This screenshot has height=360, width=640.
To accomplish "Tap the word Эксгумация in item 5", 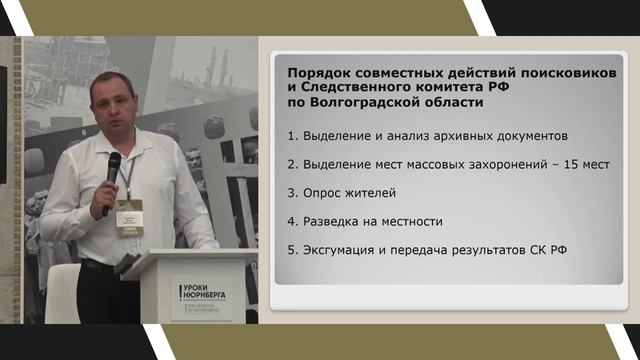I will click(x=346, y=249).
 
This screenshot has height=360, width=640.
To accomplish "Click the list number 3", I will click(x=291, y=192).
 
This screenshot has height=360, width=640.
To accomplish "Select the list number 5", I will click(x=291, y=249).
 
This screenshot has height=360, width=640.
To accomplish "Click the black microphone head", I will click(x=113, y=162).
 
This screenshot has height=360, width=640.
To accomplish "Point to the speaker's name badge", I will click(x=129, y=214).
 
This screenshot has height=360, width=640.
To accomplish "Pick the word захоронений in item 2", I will click(x=497, y=163).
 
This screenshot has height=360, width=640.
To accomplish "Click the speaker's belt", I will click(x=98, y=266).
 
